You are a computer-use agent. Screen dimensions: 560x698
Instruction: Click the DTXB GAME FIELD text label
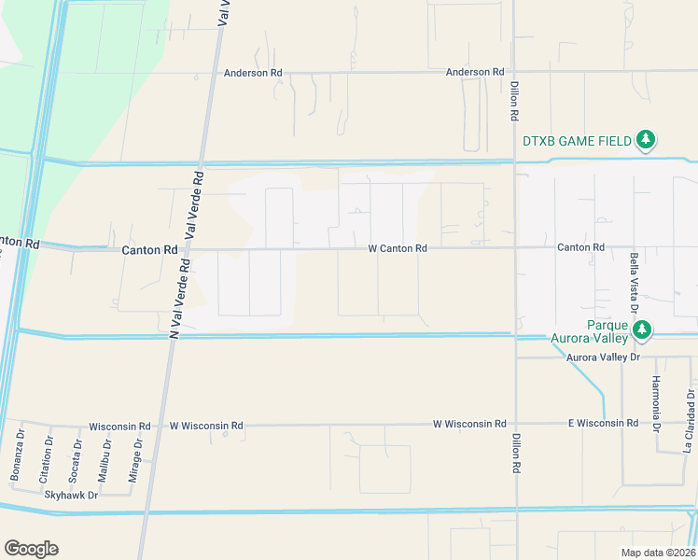click(577, 141)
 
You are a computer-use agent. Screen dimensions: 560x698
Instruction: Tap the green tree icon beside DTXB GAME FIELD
click(645, 140)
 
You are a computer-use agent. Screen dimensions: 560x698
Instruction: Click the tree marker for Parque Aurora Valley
click(642, 330)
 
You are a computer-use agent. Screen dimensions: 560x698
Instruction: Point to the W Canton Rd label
click(398, 249)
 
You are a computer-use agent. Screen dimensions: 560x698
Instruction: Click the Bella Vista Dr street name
click(634, 279)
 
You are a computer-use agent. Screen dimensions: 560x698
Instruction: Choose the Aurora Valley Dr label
click(604, 357)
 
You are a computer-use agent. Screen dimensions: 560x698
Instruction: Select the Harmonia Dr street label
click(656, 403)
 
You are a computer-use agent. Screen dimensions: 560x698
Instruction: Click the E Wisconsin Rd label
click(604, 424)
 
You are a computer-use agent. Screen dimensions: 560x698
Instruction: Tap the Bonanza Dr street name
click(18, 456)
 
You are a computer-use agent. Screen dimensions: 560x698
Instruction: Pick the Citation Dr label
click(46, 458)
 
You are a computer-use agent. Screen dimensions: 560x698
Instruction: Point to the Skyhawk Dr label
click(71, 496)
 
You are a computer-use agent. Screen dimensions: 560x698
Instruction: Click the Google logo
click(31, 549)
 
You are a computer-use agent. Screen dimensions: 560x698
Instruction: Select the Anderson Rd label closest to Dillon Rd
click(475, 72)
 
